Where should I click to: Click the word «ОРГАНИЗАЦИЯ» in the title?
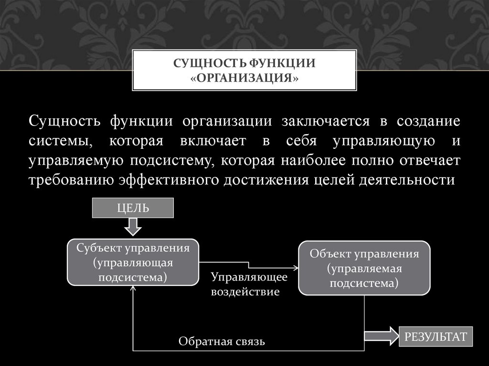244,77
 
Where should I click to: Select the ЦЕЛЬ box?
133,208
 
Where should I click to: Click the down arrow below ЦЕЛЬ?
133,227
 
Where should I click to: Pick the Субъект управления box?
133,262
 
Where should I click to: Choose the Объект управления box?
364,268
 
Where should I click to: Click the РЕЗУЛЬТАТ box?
436,336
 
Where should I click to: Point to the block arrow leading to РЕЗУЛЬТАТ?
382,336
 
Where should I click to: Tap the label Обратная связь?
221,342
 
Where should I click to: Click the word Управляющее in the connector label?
249,277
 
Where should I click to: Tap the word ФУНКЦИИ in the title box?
281,63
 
